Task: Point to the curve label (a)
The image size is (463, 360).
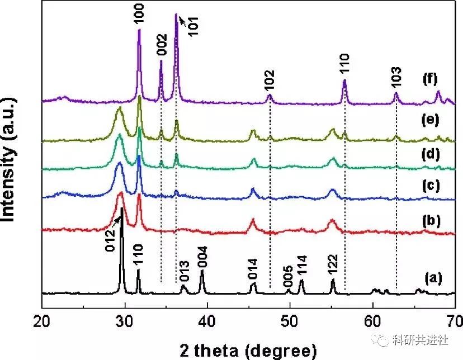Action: point(430,276)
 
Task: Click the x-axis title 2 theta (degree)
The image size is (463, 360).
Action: point(248,350)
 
